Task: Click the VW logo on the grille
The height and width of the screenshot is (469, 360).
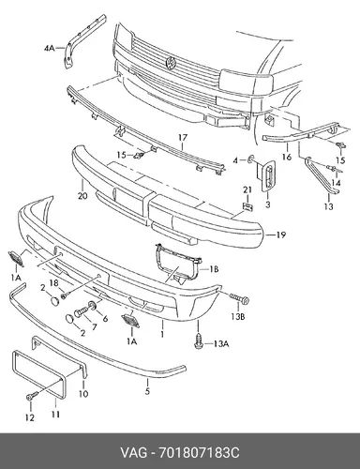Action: (172, 63)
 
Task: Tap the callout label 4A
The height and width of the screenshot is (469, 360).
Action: (49, 48)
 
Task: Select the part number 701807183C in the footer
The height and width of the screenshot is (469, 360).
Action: (199, 452)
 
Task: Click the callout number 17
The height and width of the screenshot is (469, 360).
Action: (183, 137)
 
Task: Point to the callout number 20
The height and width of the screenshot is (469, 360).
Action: (82, 196)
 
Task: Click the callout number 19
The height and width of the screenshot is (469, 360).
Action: (281, 234)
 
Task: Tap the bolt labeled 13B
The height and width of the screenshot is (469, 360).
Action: (239, 298)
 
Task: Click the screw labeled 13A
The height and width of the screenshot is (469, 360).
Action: (198, 341)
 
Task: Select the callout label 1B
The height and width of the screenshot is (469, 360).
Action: (214, 268)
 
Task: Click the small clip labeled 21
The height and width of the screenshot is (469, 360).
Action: (247, 206)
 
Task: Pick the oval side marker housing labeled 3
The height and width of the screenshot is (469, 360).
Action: (268, 175)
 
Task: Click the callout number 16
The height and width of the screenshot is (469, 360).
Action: (287, 157)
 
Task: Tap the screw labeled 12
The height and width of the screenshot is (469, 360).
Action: (32, 396)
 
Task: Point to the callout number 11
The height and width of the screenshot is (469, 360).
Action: (55, 415)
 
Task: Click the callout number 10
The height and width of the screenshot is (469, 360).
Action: (83, 393)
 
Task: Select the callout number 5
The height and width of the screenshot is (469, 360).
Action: (147, 390)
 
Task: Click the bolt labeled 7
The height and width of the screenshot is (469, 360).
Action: (81, 311)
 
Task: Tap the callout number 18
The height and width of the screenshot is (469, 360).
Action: (54, 283)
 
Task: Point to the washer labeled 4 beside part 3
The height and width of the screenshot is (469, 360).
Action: (250, 160)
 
